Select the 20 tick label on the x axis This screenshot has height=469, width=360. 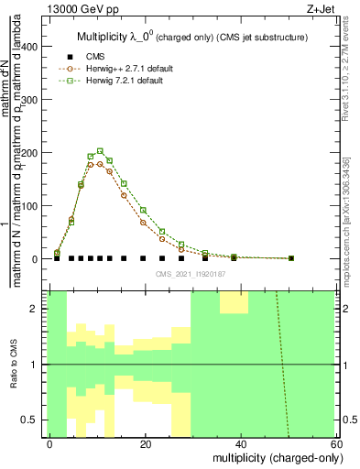tap(146, 443)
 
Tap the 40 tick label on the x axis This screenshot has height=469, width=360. tap(241, 443)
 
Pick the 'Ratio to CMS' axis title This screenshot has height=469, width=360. tap(12, 365)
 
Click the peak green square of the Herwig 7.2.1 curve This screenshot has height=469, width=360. tap(100, 151)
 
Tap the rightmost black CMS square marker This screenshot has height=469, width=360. tap(291, 258)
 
